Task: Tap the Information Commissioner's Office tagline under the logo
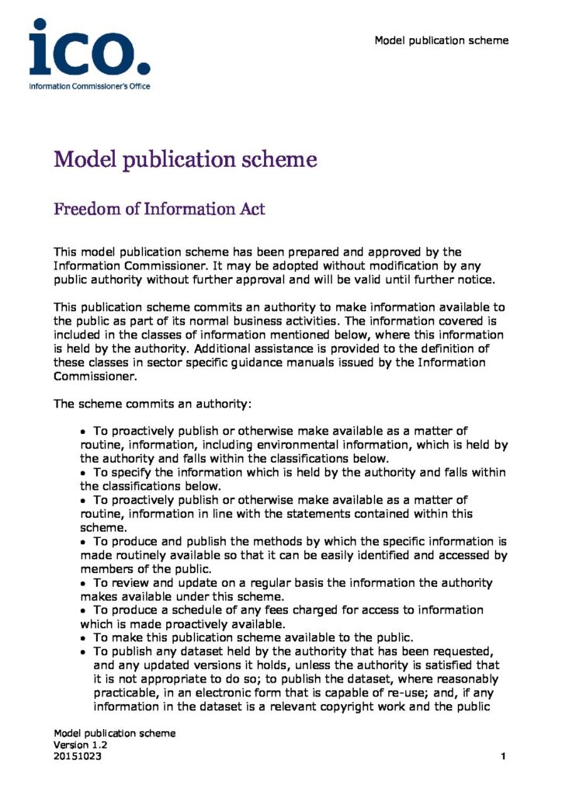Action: tap(89, 85)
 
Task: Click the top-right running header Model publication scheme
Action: tap(442, 40)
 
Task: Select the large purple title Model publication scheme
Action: tap(185, 160)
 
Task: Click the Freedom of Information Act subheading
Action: tap(159, 209)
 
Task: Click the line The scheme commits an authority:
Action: tap(151, 404)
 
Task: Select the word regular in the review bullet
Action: tap(220, 582)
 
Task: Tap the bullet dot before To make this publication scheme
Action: tap(85, 638)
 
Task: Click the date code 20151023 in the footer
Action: tap(77, 755)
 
